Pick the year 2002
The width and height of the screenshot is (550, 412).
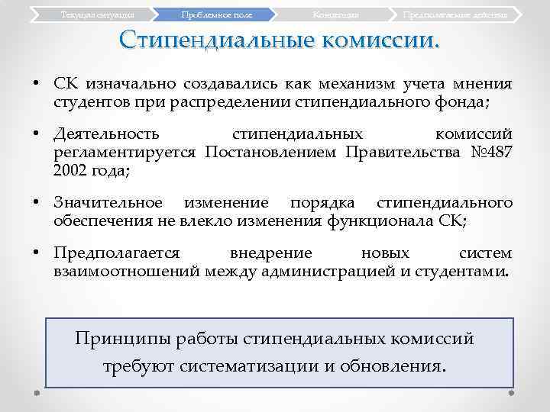[x=70, y=171]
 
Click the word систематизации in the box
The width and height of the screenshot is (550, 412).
[x=249, y=365]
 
